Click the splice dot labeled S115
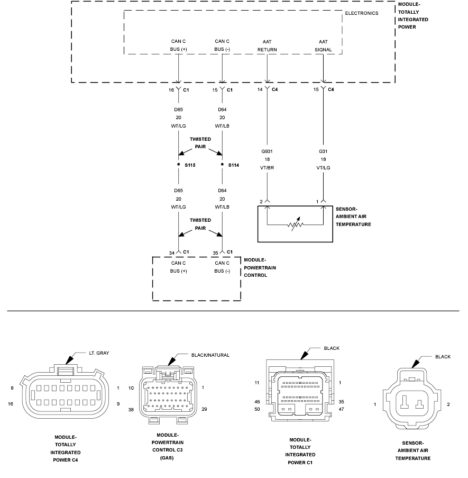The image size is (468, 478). (x=178, y=164)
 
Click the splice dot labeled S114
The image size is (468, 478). (x=222, y=164)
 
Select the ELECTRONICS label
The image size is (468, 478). (x=361, y=13)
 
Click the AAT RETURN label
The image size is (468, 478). (x=267, y=46)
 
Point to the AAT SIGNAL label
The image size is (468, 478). (x=323, y=46)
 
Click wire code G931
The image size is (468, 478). (x=267, y=151)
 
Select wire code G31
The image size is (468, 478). (x=323, y=151)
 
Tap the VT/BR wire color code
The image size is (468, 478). (x=267, y=168)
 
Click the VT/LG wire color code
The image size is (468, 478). (x=323, y=168)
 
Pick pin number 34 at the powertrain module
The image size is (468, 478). (x=172, y=253)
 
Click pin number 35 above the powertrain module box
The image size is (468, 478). (x=215, y=253)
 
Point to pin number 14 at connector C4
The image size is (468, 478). (x=260, y=89)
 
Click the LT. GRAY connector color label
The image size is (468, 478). (x=99, y=353)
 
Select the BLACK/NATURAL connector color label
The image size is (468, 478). (x=210, y=355)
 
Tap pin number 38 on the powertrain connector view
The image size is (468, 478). (x=131, y=410)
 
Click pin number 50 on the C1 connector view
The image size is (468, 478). (x=258, y=409)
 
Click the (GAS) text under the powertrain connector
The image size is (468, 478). (x=167, y=458)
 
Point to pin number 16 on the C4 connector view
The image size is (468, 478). (x=11, y=404)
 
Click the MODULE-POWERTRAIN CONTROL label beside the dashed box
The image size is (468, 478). (x=260, y=267)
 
